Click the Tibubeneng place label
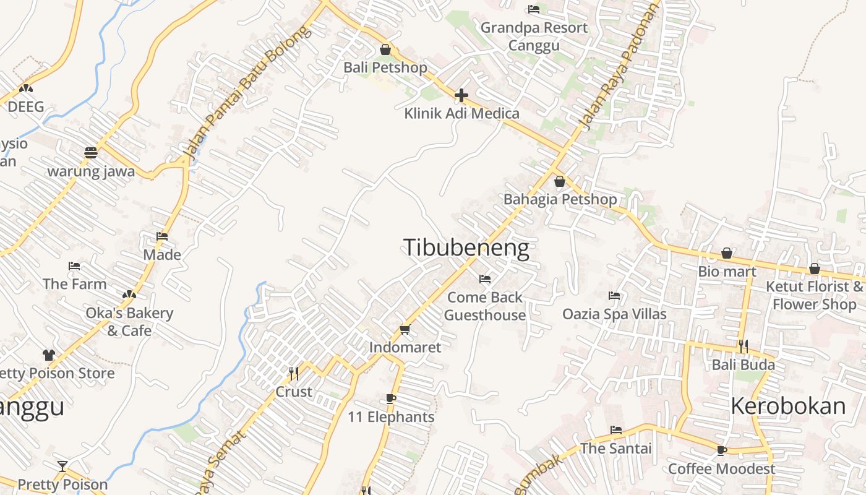[466, 247]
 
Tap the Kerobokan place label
[788, 406]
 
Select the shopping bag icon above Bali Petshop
[385, 49]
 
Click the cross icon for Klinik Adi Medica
[461, 95]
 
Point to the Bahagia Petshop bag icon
[560, 181]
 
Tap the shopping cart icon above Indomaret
[405, 329]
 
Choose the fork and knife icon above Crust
[294, 373]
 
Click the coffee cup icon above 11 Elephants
[390, 398]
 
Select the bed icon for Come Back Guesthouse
[485, 279]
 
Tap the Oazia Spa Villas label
[614, 314]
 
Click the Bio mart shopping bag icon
[727, 253]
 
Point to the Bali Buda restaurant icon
[743, 346]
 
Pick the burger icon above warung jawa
[91, 152]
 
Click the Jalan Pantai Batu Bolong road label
[247, 93]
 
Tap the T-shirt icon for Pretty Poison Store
[49, 355]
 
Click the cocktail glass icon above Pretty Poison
[62, 466]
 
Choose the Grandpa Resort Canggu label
[534, 37]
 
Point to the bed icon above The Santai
[616, 429]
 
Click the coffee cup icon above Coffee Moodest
[721, 450]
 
